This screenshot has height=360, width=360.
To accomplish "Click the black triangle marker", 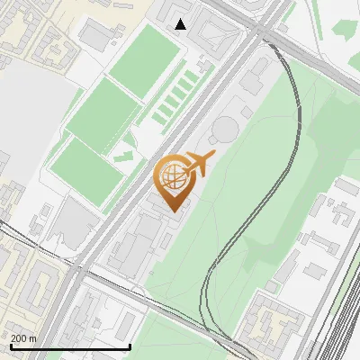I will tap(181, 24).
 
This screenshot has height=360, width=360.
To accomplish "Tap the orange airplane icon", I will tap(200, 164).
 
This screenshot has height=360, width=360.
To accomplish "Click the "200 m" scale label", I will tap(23, 337).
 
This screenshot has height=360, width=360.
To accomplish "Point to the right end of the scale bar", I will tap(130, 346).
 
